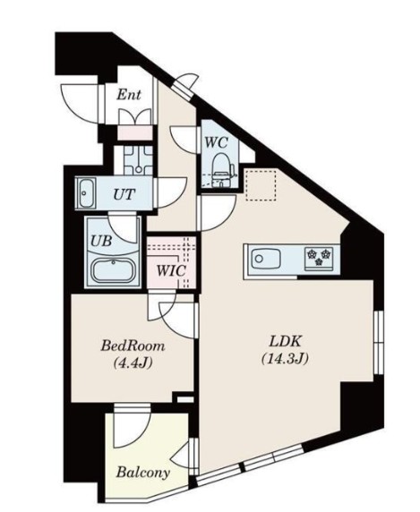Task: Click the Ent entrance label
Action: tap(129, 95)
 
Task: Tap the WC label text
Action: tap(216, 142)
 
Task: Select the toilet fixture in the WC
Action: tap(223, 171)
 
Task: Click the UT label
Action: tap(124, 194)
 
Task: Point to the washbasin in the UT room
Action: tap(86, 193)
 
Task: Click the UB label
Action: tap(101, 241)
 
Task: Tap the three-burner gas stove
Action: tap(319, 259)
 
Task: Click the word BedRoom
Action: tap(133, 346)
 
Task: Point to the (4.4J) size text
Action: tap(133, 363)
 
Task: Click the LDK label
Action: tap(285, 342)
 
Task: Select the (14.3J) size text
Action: tap(285, 359)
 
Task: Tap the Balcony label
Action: tap(143, 472)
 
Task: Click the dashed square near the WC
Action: tap(261, 184)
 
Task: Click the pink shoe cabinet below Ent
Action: tap(135, 132)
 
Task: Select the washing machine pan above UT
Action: tap(138, 160)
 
